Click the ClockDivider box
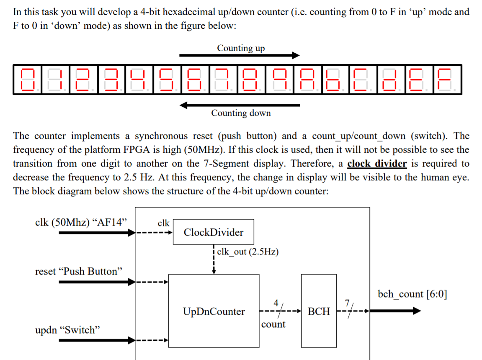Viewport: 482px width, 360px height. point(213,232)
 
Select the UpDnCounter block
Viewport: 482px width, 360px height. point(214,311)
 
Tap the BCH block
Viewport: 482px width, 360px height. point(319,311)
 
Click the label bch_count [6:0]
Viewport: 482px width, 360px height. point(412,294)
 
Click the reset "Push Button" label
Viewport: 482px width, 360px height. point(79,271)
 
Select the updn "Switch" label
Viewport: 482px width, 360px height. point(68,330)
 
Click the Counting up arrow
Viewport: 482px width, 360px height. point(239,55)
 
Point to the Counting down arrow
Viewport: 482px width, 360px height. point(239,105)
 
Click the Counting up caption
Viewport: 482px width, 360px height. point(241,48)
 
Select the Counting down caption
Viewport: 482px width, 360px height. point(241,113)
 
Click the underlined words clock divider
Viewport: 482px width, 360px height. point(377,163)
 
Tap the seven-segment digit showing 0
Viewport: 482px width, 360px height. point(27,80)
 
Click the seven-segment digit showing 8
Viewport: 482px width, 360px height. point(251,80)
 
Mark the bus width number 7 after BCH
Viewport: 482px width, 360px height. point(347,303)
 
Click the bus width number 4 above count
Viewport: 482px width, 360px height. point(276,303)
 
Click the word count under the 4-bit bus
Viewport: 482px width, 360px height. point(273,324)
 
